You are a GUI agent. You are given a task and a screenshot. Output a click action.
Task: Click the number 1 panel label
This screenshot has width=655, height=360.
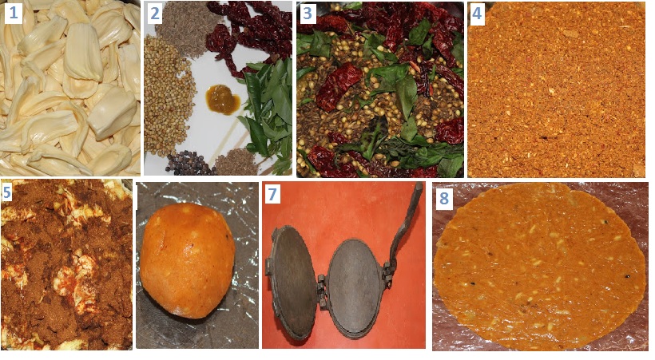tap(13, 14)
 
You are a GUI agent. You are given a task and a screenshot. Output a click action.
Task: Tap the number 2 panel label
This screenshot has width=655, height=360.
tap(154, 14)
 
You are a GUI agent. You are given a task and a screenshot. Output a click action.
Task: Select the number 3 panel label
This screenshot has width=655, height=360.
tap(307, 14)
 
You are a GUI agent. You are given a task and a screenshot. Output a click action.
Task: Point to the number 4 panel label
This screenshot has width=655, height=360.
tap(477, 14)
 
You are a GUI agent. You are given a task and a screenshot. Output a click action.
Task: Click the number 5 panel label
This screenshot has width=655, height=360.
tap(7, 193)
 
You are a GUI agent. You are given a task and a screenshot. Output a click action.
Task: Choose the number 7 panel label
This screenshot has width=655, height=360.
tap(272, 195)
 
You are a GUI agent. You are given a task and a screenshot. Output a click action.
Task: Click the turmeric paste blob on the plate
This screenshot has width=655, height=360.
tap(223, 100)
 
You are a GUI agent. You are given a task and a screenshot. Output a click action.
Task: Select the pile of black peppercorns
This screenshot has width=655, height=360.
tap(187, 163)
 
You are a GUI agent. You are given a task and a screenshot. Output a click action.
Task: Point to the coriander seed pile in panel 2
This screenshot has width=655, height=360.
tap(169, 95)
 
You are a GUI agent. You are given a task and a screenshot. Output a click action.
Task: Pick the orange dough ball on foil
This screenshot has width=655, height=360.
tap(187, 259)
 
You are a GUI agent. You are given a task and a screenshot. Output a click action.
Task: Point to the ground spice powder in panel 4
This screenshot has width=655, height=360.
tap(557, 89)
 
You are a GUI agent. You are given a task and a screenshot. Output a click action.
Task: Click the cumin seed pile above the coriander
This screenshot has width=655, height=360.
tap(188, 23)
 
